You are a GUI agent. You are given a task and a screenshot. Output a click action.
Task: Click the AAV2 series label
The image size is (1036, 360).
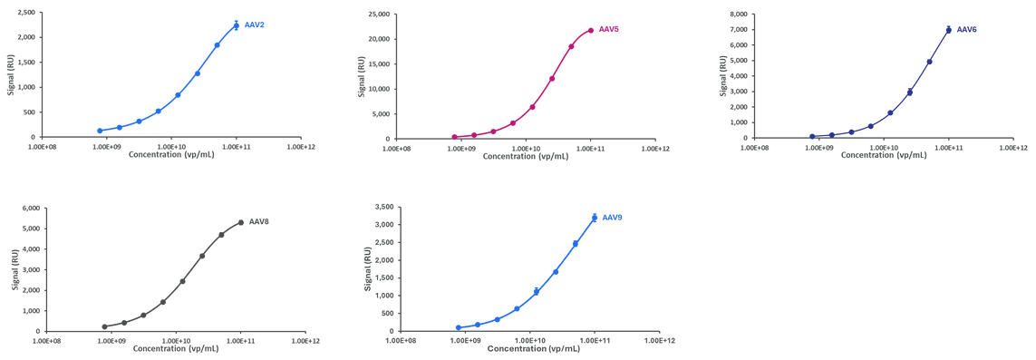(x=255, y=25)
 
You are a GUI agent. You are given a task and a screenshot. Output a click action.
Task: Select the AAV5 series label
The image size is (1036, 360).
(x=609, y=30)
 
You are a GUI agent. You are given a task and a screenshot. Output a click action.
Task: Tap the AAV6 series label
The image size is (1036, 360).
(x=967, y=30)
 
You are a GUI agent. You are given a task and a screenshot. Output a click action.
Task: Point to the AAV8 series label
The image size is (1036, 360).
(x=259, y=221)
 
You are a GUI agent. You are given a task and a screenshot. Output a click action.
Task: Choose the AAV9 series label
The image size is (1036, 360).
(x=613, y=218)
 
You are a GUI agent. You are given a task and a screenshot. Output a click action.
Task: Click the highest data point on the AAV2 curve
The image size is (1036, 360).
(x=237, y=25)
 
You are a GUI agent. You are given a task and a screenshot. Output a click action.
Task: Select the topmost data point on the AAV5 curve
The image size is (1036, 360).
(x=591, y=30)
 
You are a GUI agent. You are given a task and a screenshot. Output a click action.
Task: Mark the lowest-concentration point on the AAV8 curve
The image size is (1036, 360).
(x=104, y=326)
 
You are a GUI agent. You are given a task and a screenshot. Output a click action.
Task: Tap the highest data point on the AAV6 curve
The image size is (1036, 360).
(x=949, y=30)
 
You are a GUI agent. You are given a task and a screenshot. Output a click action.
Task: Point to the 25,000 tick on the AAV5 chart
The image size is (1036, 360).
(x=376, y=14)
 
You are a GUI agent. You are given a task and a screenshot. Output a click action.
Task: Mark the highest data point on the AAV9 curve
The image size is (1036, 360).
(x=595, y=218)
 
